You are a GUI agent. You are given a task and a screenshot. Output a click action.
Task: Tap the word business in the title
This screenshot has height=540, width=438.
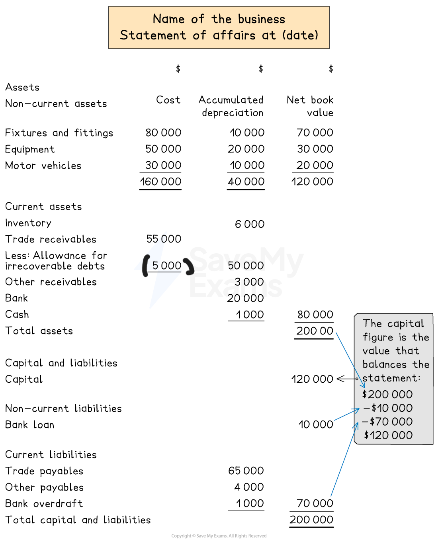[262, 19]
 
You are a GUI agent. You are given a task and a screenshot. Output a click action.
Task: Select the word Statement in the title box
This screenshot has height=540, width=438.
[153, 35]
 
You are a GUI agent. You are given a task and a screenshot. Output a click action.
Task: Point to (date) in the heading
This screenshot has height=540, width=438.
[300, 35]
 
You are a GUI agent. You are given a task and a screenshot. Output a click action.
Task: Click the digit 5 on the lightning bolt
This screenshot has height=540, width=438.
[155, 266]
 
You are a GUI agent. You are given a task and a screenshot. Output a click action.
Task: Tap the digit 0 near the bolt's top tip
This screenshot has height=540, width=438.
[164, 239]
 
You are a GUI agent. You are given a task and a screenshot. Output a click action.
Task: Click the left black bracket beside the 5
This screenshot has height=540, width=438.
[145, 266]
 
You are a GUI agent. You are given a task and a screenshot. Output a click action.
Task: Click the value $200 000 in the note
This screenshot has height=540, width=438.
[387, 395]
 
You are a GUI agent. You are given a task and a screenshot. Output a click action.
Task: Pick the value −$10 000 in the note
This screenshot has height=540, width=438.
[388, 408]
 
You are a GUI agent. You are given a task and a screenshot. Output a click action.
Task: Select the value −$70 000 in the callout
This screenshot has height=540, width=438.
[387, 422]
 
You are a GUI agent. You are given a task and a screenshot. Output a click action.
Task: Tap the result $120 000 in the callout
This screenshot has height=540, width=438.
[388, 435]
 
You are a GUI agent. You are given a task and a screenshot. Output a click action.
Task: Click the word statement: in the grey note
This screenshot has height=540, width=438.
[391, 378]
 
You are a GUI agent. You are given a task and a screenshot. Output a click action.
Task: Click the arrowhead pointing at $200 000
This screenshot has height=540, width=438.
[364, 385]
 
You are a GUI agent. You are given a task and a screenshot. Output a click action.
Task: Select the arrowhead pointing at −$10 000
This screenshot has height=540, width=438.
[357, 410]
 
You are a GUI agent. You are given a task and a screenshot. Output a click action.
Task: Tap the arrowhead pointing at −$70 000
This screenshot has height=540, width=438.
[356, 425]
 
